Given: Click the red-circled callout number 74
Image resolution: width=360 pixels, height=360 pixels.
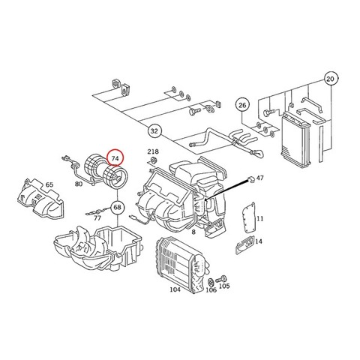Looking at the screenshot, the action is tap(115, 158).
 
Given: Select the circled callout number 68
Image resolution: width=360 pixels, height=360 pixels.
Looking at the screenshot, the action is tap(118, 207).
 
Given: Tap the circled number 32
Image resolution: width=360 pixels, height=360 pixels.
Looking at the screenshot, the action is tap(154, 131).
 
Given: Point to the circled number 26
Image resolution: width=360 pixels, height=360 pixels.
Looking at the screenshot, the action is tap(242, 105).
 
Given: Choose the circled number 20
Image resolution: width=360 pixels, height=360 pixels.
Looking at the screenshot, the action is tap(331, 79).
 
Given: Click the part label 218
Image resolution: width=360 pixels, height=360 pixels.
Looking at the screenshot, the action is tap(153, 151).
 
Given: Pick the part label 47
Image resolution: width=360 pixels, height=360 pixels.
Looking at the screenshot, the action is tap(260, 178).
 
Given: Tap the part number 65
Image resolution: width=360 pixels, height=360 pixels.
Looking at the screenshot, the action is tap(49, 184).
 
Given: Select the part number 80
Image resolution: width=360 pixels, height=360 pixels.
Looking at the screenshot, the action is tap(79, 184).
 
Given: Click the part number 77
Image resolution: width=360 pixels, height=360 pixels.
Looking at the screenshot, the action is tap(97, 218).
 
